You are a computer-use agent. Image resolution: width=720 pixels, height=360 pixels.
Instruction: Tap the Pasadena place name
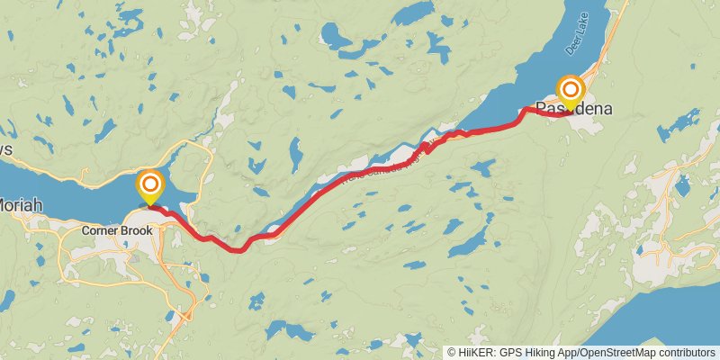(x=574, y=109)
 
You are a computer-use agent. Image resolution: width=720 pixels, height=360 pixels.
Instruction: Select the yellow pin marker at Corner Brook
(x=149, y=187)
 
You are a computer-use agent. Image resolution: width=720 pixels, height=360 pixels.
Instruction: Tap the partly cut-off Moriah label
(x=20, y=206)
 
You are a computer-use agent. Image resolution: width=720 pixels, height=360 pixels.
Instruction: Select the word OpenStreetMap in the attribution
(x=615, y=352)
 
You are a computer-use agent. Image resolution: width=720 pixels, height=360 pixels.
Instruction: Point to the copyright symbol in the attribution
(x=451, y=352)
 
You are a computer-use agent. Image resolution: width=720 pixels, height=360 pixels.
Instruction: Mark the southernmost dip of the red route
(x=239, y=249)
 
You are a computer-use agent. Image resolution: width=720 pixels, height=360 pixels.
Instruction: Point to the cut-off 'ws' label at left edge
(x=5, y=149)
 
